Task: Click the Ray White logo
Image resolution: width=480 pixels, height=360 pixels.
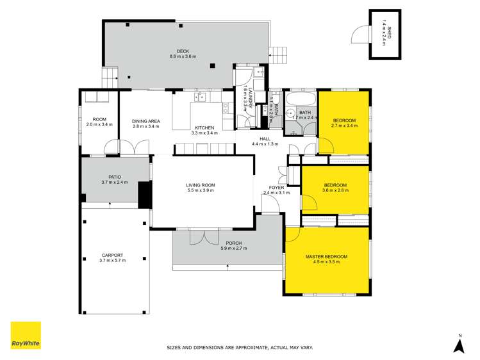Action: (x=26, y=336)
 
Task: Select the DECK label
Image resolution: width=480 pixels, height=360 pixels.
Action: (x=183, y=51)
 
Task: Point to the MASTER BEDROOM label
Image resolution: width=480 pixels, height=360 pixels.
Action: (x=326, y=256)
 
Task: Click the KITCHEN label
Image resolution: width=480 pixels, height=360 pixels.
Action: (x=204, y=128)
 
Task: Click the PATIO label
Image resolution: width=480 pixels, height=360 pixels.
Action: (x=114, y=177)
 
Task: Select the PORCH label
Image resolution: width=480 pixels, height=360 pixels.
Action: (x=233, y=243)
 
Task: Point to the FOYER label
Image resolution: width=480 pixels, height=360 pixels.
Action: (x=276, y=187)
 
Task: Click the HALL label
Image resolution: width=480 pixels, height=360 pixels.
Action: (x=265, y=139)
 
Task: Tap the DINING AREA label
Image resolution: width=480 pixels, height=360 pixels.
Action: (x=145, y=121)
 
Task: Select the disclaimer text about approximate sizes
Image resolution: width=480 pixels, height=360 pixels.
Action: (x=240, y=348)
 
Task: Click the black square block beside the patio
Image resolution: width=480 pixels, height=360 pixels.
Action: (x=145, y=195)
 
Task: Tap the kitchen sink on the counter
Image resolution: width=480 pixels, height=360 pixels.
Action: (x=201, y=97)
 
